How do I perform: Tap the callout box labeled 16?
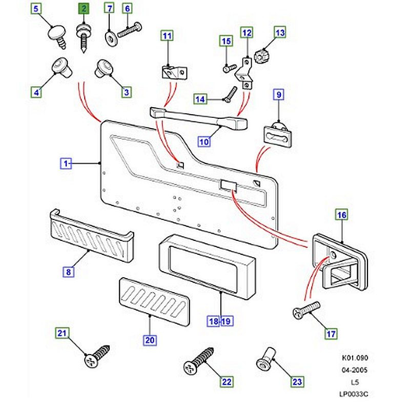point(341,216)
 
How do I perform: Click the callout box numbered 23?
point(297,381)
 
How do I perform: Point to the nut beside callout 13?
point(263,54)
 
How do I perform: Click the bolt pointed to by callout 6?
point(132,29)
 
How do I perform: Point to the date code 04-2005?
point(356,370)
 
